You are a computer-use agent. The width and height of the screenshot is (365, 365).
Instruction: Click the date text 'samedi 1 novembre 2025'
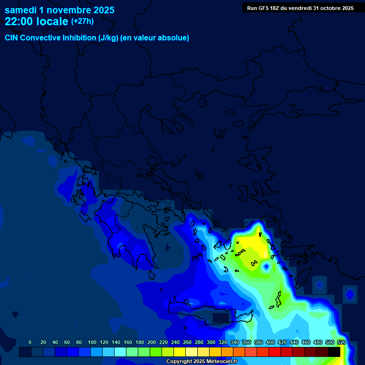(59, 10)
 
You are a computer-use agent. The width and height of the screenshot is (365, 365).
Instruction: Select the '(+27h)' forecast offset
(82, 21)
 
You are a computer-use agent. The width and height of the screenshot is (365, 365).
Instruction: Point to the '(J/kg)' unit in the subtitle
(109, 38)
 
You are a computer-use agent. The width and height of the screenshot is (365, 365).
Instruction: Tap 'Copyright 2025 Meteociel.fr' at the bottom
(202, 361)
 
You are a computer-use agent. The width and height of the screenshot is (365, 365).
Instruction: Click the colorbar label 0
(30, 342)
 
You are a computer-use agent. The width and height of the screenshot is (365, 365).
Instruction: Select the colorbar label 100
(92, 342)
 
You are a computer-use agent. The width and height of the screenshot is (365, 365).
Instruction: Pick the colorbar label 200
(151, 342)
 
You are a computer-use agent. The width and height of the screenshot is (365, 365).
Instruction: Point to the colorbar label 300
(211, 342)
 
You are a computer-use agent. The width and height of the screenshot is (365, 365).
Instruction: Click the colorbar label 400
(270, 342)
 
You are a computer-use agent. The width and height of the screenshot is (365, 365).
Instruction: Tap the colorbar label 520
(341, 342)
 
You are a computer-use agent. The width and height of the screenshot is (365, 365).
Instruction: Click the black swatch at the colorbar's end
(334, 352)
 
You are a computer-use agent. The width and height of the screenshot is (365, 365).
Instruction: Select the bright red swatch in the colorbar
(275, 352)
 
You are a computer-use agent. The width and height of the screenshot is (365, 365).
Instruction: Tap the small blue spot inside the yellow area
(266, 267)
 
